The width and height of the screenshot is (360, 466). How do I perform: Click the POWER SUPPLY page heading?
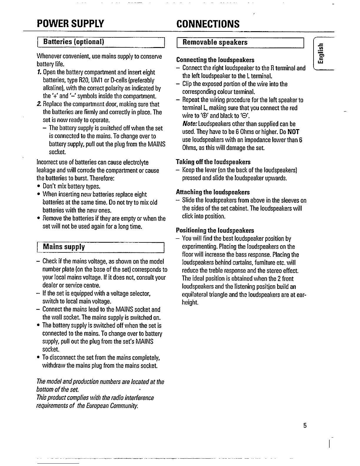(x=70, y=23)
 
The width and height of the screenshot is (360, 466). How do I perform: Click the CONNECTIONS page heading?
(x=208, y=24)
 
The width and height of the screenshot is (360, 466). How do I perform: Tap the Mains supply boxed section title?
(x=64, y=247)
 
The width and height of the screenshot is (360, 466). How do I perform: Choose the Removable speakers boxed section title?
(x=215, y=42)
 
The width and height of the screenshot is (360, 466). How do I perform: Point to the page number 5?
(x=305, y=425)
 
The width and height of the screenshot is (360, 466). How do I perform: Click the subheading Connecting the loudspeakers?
(x=215, y=60)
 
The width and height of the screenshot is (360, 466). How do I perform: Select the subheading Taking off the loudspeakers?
(x=213, y=162)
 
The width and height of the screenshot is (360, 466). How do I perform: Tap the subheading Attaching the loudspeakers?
(x=213, y=192)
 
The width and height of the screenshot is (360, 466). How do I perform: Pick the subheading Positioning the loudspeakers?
(x=215, y=230)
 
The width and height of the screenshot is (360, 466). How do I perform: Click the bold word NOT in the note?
(x=293, y=132)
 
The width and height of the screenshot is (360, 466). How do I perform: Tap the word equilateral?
(x=195, y=295)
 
